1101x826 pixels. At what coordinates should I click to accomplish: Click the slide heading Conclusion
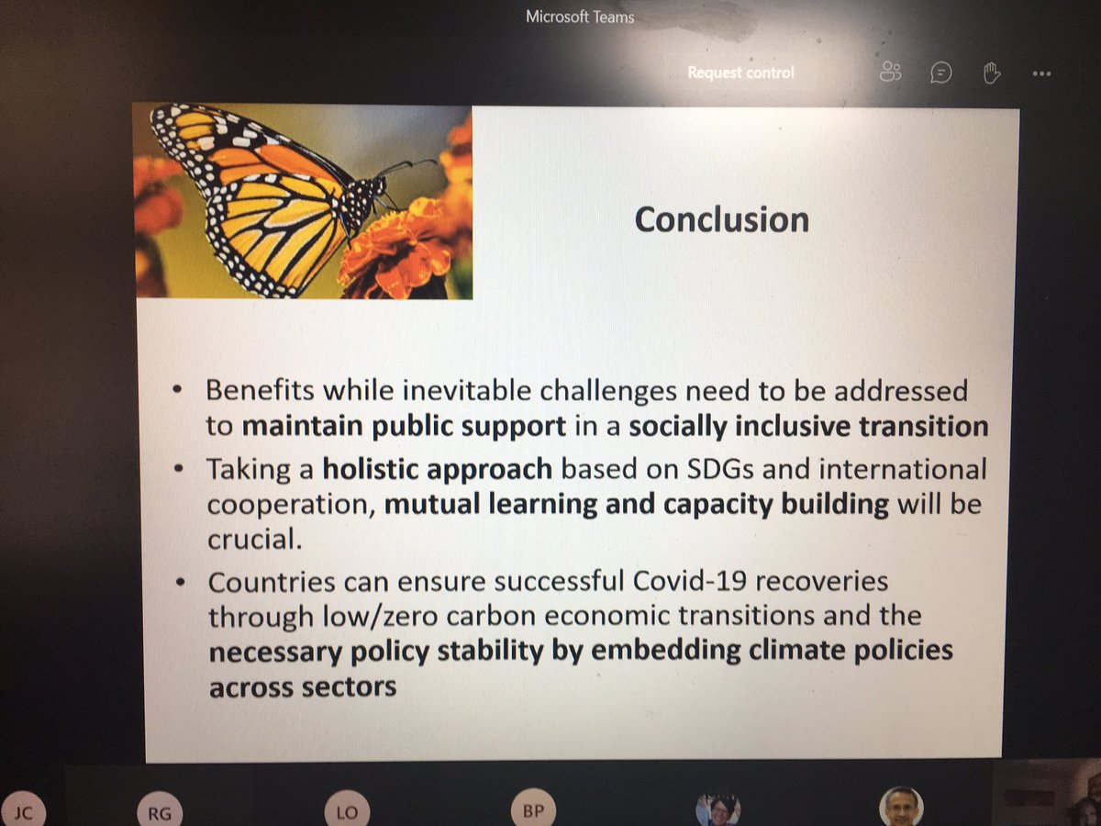[x=722, y=219]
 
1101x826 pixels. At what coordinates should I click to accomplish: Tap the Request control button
[x=740, y=73]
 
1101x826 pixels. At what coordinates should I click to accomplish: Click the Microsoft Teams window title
[x=580, y=17]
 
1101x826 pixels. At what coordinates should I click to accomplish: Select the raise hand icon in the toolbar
[x=991, y=73]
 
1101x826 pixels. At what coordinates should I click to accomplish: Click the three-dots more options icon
[x=1040, y=73]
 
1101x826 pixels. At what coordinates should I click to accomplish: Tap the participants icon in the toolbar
[x=890, y=73]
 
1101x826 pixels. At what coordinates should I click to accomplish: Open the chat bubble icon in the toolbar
[x=940, y=73]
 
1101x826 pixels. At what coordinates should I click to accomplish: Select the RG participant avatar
[x=159, y=812]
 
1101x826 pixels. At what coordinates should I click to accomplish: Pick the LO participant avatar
[x=346, y=812]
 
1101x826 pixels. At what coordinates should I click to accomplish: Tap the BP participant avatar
[x=532, y=812]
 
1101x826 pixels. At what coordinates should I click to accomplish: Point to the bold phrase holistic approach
[x=437, y=469]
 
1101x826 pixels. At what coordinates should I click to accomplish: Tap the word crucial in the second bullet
[x=253, y=540]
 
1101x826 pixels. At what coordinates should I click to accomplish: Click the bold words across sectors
[x=303, y=686]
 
